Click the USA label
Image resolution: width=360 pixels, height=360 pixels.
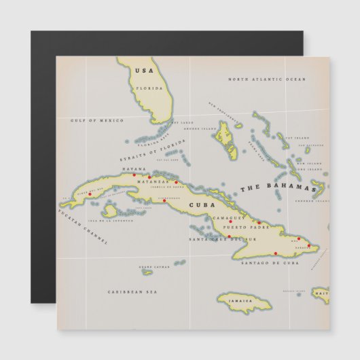(x=144, y=70)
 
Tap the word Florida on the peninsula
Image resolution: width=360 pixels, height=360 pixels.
(x=149, y=88)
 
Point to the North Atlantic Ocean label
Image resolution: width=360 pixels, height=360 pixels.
(x=267, y=79)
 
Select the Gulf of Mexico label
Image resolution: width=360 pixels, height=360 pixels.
(x=97, y=120)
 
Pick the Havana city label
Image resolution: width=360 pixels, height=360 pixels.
(x=134, y=168)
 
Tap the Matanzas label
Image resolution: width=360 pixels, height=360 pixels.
(x=152, y=182)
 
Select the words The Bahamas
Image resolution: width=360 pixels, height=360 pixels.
(x=278, y=187)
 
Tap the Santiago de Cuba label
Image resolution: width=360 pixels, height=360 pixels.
(x=270, y=262)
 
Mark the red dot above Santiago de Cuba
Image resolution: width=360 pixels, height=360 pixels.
(x=276, y=255)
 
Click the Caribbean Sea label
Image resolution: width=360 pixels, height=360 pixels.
(x=132, y=291)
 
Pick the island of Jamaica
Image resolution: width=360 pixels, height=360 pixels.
(x=243, y=300)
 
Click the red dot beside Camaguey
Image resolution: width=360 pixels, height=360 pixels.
(x=230, y=221)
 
